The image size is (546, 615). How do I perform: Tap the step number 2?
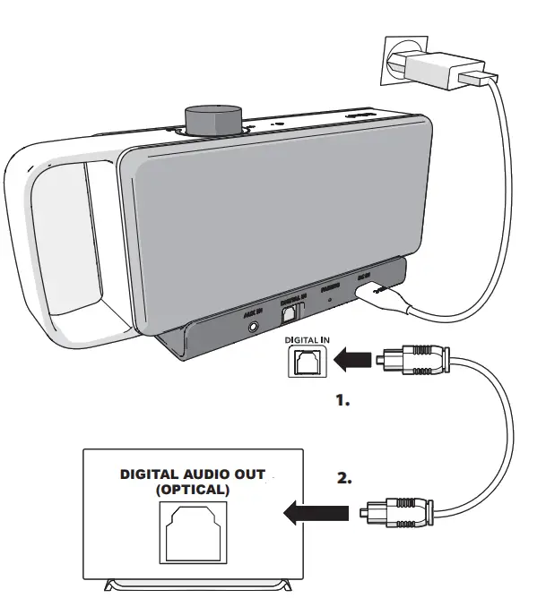(x=343, y=479)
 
